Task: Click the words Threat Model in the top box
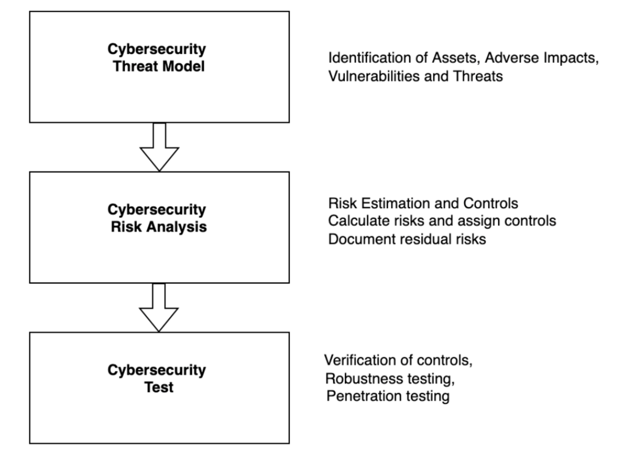click(x=159, y=66)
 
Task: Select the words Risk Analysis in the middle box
click(x=159, y=227)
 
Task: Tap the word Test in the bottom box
click(x=159, y=387)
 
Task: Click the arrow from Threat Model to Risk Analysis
click(x=159, y=148)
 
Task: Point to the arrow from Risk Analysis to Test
click(x=159, y=308)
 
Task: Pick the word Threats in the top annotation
click(x=478, y=76)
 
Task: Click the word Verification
click(x=360, y=360)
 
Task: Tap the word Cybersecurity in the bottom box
click(x=156, y=370)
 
